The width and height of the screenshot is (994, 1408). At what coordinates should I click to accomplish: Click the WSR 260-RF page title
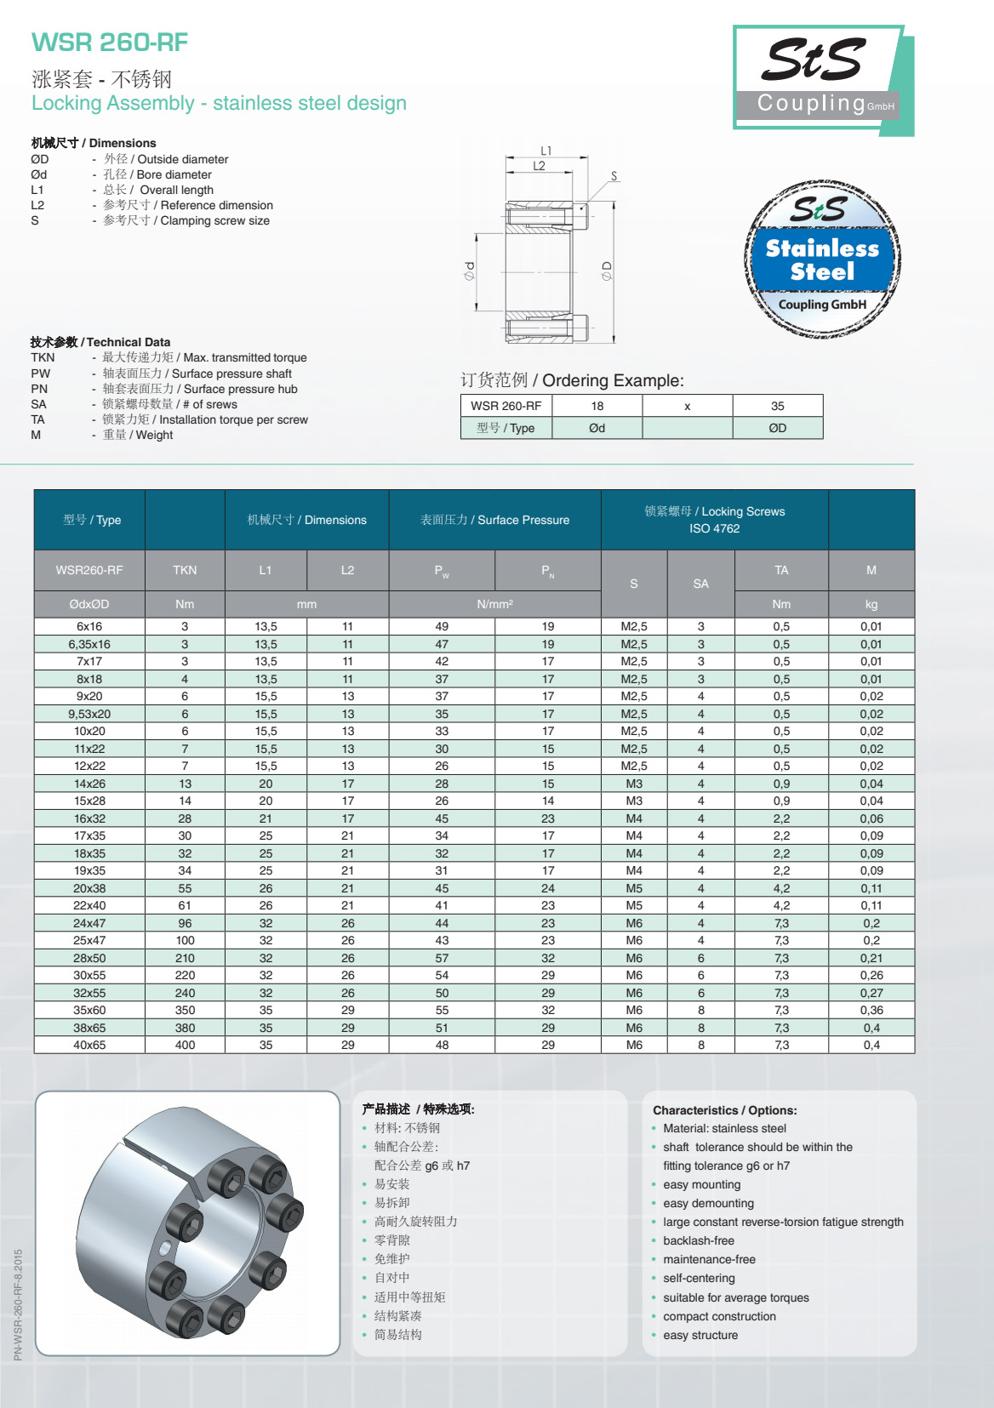point(109,43)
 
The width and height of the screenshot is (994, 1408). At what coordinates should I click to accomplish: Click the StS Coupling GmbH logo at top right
point(820,78)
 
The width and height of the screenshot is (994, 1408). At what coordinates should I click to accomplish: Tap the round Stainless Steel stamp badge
point(822,259)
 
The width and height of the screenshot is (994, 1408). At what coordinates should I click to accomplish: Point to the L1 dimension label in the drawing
point(546,151)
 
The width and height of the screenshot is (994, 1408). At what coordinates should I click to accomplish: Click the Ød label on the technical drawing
point(470,271)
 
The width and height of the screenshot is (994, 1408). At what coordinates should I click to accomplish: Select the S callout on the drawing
point(614,177)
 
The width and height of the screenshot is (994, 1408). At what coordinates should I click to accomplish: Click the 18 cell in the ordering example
point(597,406)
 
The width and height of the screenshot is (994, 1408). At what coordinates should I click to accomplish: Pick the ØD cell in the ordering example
point(777,428)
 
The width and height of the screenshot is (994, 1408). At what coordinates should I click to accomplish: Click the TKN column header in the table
point(185,570)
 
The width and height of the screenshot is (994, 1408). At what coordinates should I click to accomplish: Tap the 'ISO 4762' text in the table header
point(714,528)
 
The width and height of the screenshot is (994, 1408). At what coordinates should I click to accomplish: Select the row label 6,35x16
point(89,644)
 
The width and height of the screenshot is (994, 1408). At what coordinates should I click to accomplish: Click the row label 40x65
point(89,1045)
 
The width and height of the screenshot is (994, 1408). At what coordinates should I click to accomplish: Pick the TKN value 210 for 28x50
point(185,958)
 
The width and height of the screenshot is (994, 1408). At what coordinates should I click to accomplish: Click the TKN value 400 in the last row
point(185,1045)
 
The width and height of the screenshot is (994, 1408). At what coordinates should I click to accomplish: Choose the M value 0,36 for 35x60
point(871,1010)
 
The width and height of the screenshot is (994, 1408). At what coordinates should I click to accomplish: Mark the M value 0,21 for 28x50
point(871,958)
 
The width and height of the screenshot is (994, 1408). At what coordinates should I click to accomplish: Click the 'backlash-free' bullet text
point(698,1240)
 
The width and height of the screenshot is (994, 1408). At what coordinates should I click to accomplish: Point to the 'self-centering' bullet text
point(699,1278)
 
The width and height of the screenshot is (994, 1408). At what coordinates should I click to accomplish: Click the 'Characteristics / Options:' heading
point(724,1110)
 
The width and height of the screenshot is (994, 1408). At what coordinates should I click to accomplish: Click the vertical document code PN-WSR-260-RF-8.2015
point(19,1304)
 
